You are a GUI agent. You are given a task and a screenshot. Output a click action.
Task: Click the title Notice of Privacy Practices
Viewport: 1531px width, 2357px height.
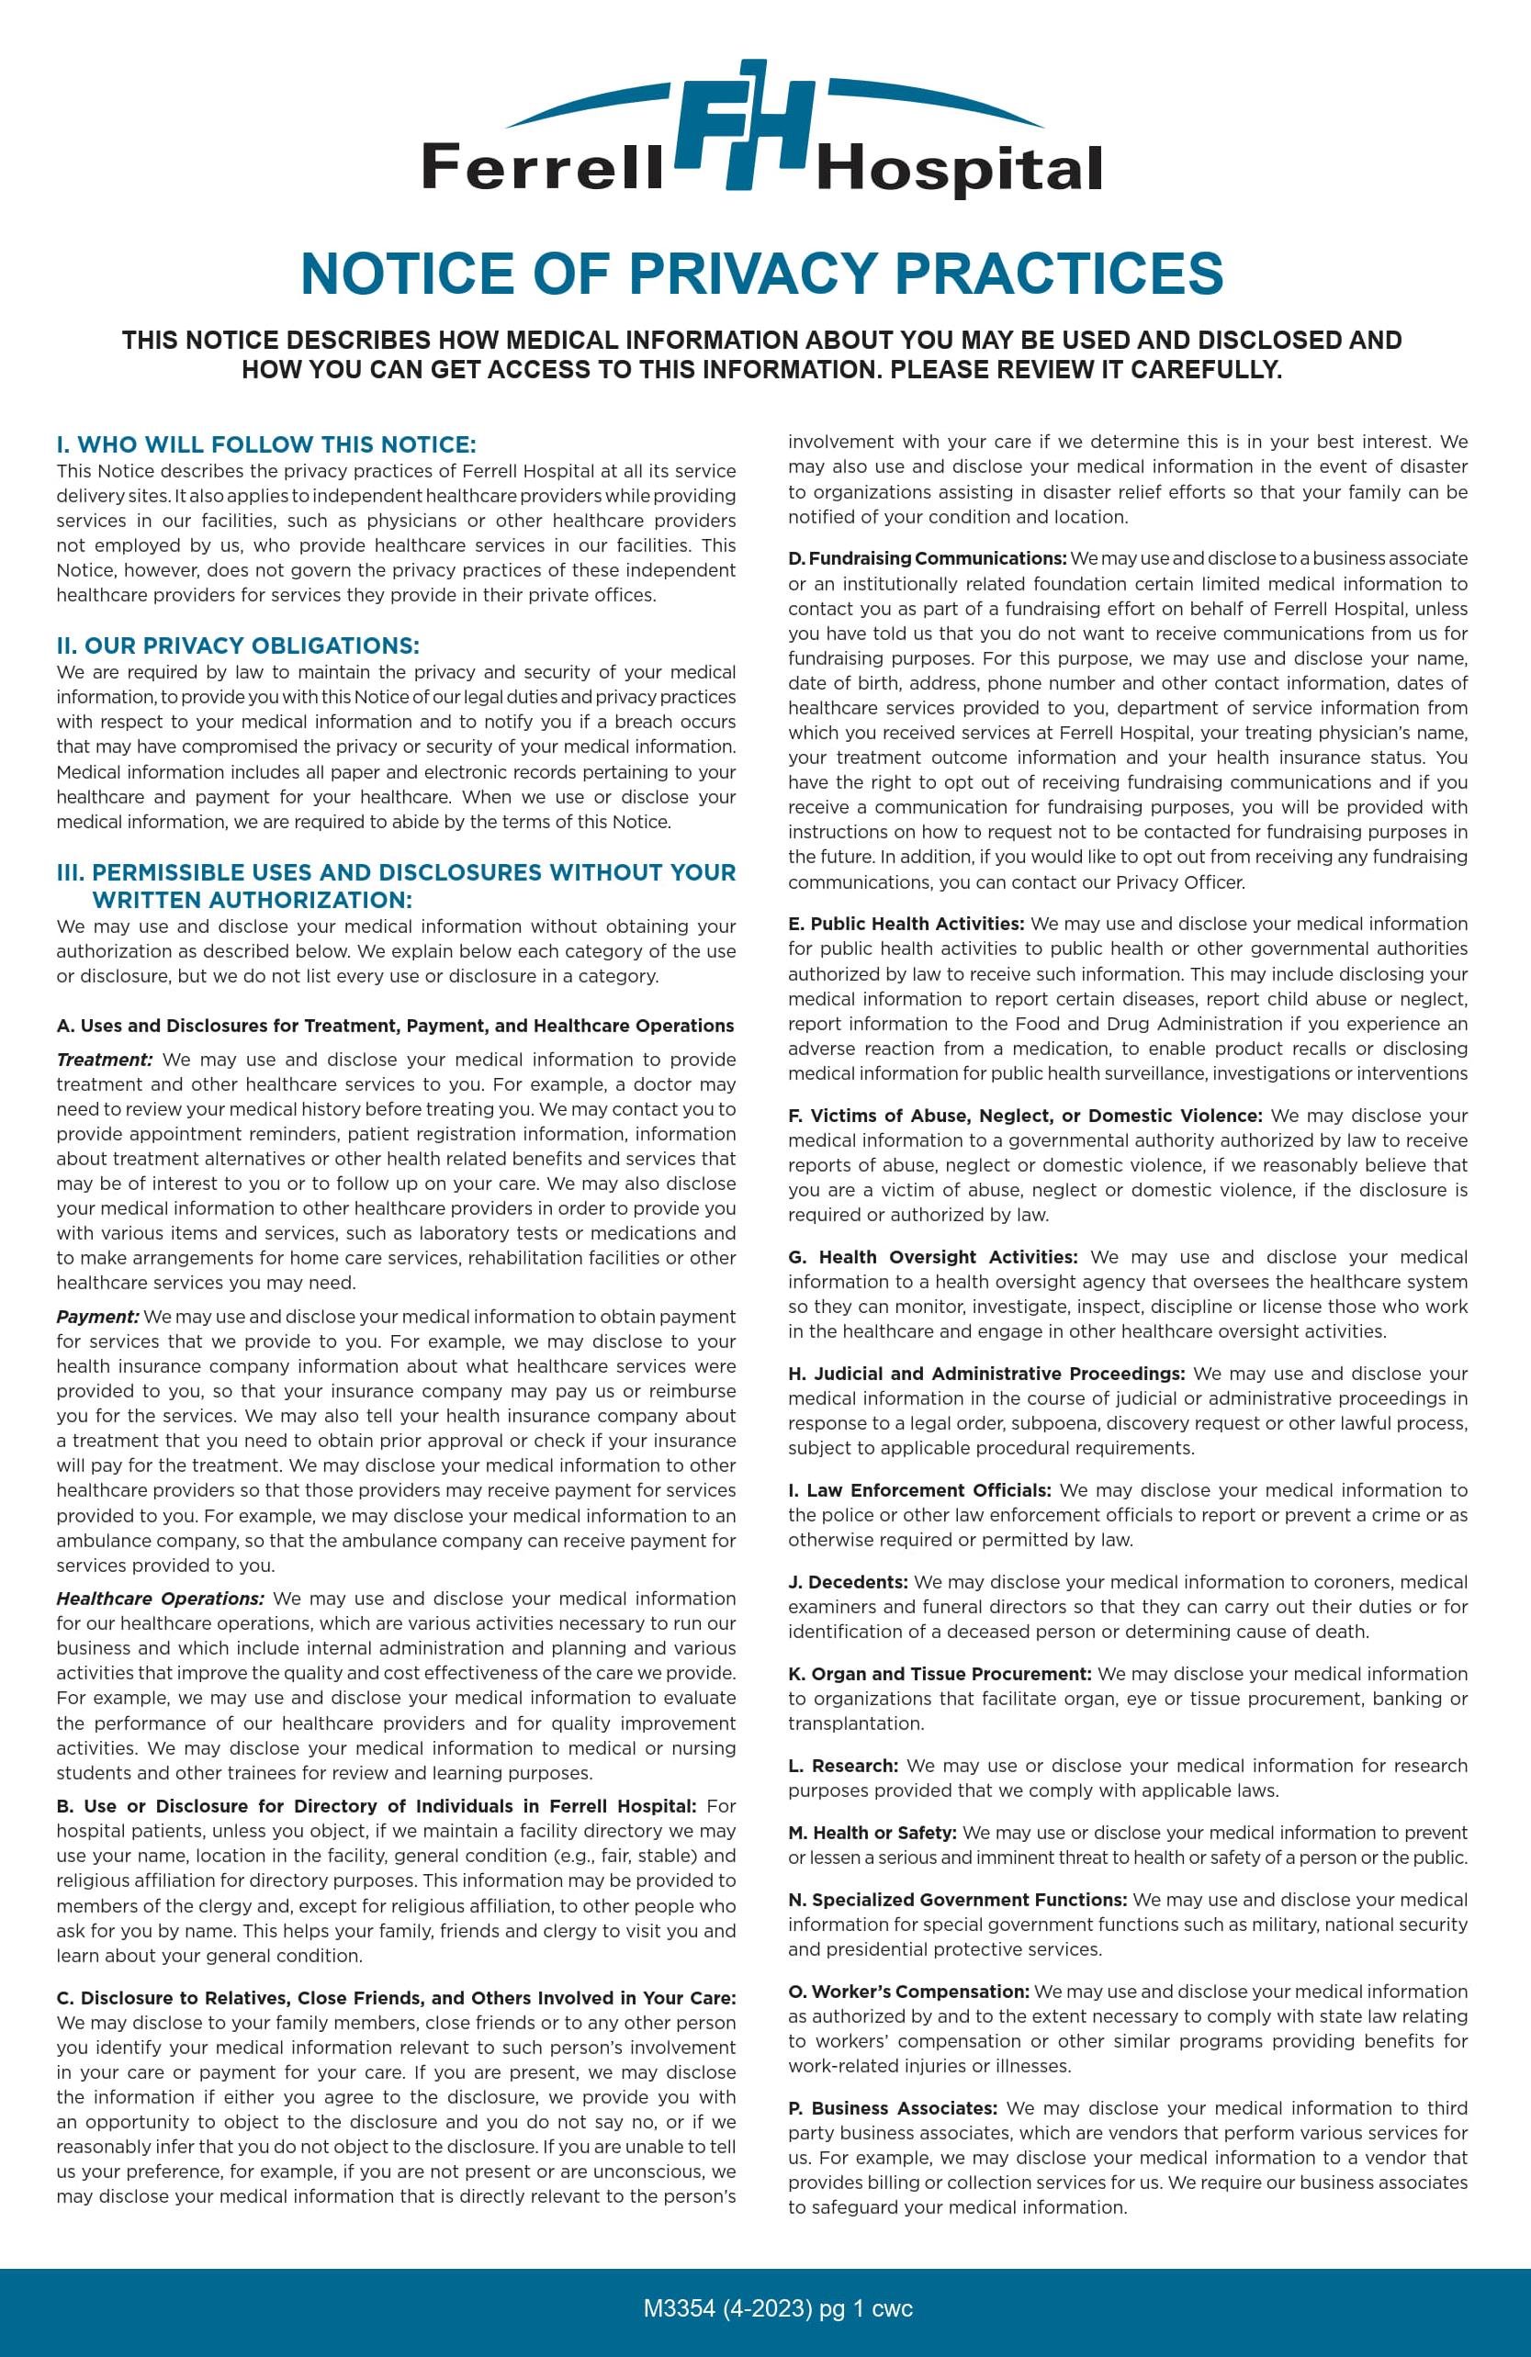pos(761,273)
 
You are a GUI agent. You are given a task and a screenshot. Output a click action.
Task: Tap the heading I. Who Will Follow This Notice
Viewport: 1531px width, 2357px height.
pos(266,444)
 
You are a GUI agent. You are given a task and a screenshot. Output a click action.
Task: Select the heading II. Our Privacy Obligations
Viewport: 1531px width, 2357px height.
pos(238,645)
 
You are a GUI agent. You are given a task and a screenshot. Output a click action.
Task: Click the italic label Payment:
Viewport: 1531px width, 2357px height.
pos(97,1317)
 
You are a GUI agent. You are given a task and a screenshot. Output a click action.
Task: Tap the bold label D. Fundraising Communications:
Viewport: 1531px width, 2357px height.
pos(927,558)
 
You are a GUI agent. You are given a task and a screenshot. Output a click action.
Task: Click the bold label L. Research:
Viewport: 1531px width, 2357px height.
pos(843,1766)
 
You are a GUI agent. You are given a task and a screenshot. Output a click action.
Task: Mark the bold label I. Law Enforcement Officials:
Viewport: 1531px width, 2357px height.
pos(920,1490)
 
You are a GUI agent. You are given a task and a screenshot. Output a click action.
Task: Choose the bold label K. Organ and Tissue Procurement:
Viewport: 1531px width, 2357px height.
pos(940,1674)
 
